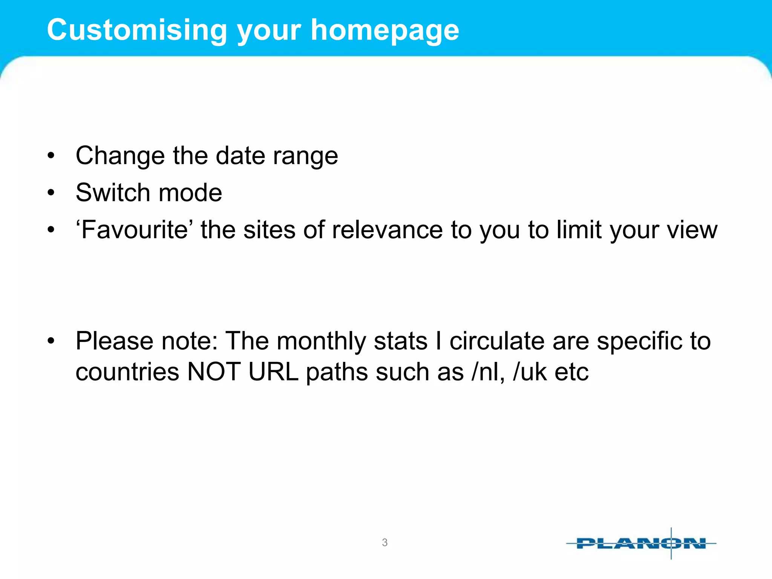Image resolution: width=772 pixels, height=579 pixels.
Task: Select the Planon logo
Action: click(641, 544)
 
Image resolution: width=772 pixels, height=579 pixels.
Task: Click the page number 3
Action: click(384, 542)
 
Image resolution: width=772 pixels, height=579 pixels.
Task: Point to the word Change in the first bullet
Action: click(120, 156)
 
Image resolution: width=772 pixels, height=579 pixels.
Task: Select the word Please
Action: click(115, 341)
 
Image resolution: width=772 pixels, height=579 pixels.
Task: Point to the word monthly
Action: click(321, 341)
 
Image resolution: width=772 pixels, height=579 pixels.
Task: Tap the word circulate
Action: click(497, 341)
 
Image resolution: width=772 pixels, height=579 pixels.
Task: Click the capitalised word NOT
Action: click(214, 372)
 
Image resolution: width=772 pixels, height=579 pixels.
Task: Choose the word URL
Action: click(273, 372)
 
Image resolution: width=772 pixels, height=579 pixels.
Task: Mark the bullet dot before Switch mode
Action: click(51, 193)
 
